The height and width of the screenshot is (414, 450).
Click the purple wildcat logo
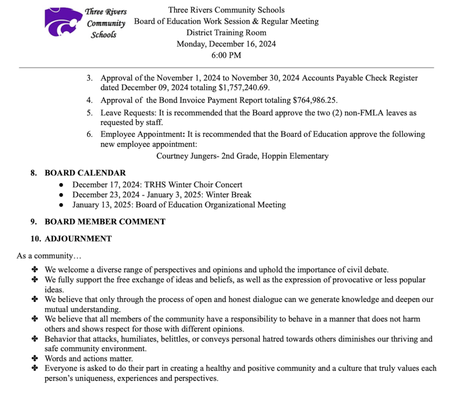(63, 22)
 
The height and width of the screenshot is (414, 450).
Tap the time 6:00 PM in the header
(226, 55)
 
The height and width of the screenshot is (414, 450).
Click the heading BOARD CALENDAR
(85, 173)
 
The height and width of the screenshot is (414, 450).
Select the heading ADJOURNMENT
(78, 239)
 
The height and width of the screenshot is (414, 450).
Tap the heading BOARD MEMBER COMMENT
(105, 222)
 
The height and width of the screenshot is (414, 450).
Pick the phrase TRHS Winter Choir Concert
(191, 185)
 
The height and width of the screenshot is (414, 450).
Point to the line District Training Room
(226, 33)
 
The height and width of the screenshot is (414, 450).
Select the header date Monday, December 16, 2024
(226, 44)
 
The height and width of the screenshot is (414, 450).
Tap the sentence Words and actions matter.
(89, 359)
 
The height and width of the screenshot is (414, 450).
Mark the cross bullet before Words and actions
(35, 359)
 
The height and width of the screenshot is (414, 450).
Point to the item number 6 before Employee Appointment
(89, 134)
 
